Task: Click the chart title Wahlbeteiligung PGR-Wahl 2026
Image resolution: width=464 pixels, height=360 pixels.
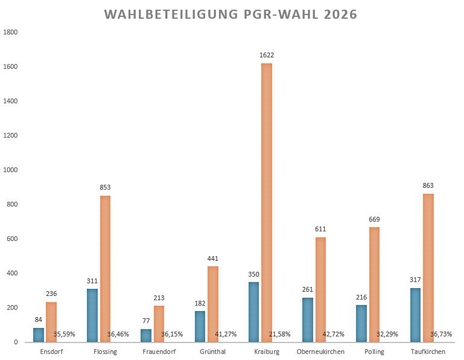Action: pos(230,14)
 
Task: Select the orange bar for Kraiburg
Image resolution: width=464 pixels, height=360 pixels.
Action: pos(266,202)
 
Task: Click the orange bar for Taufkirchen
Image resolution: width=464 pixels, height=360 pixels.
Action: pos(428,268)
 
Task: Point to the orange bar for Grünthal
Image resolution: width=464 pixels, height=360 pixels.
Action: pos(212,304)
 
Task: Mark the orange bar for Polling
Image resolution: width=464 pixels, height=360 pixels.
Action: pos(374,284)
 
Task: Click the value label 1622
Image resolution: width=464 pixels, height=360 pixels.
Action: pos(266,55)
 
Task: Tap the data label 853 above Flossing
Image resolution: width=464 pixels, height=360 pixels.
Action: pos(104,188)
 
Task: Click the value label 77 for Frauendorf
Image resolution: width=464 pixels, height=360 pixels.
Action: pos(146,321)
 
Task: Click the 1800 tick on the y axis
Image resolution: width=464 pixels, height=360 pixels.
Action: pos(11,32)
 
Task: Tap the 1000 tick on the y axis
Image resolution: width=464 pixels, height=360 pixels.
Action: pos(11,170)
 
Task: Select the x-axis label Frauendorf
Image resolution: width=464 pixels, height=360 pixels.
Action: pos(159,352)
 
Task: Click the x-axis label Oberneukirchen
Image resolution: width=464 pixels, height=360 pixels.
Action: pos(321,352)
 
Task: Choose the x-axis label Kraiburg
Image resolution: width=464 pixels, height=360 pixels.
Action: pos(267,352)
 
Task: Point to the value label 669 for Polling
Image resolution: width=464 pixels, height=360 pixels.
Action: pos(374,219)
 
